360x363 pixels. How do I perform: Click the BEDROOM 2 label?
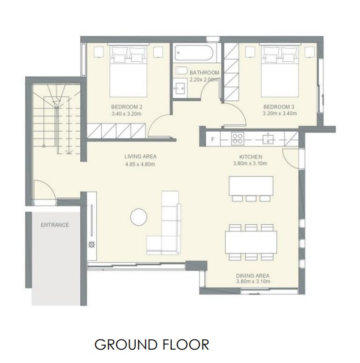[x=127, y=107]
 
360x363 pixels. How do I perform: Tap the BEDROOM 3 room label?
[x=279, y=107]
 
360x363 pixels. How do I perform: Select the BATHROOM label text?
[x=204, y=72]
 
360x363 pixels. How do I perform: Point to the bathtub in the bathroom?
[x=193, y=53]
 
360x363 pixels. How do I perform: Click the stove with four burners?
[x=238, y=139]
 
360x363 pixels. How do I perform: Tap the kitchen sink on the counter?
[x=268, y=139]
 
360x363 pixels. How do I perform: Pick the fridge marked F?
[x=213, y=139]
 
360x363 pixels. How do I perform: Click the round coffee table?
[x=138, y=217]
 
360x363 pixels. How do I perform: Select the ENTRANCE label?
[x=55, y=225]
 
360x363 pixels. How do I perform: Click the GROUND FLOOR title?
[x=152, y=344]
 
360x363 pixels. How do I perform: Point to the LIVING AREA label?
[x=140, y=156]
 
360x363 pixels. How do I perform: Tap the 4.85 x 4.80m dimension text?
[x=140, y=165]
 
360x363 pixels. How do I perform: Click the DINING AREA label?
[x=253, y=276]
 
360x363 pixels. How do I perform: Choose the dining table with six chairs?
[x=251, y=242]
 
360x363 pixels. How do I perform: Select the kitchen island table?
[x=251, y=186]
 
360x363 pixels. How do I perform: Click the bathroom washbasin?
[x=180, y=86]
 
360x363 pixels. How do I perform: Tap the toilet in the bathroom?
[x=182, y=70]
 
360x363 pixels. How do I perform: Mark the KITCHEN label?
[x=251, y=157]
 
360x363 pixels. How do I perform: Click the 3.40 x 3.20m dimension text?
[x=127, y=114]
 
